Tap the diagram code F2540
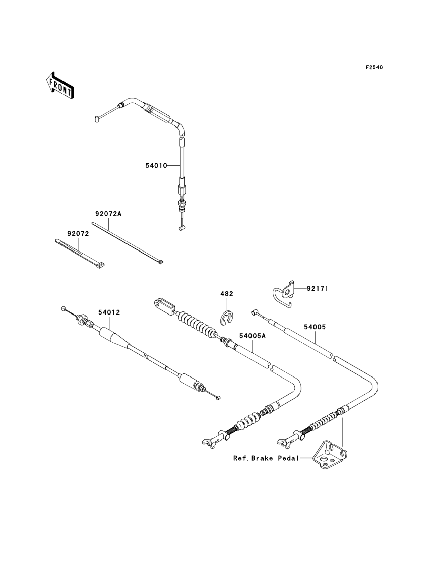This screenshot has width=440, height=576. tap(374, 68)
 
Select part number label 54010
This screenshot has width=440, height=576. tap(156, 166)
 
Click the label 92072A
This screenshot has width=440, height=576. tap(108, 214)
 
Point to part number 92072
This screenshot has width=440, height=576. tap(78, 234)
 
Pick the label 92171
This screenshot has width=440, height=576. tap(317, 288)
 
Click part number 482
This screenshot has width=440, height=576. tap(227, 294)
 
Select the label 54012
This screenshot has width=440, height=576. tap(109, 312)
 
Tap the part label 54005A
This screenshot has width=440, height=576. tap(252, 336)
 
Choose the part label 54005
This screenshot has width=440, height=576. tap(315, 327)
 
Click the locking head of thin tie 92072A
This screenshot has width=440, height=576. tap(160, 262)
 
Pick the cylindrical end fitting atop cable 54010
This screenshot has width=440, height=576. tap(97, 119)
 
